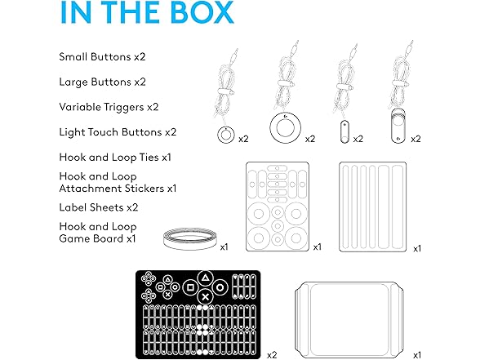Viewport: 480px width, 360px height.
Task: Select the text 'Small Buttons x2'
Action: (102, 57)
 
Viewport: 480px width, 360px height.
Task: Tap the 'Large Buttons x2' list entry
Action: (103, 82)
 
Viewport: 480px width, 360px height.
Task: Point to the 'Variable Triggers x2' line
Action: (109, 107)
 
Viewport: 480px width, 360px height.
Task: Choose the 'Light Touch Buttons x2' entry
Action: (118, 132)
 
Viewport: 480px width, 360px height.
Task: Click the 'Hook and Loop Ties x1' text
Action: (115, 158)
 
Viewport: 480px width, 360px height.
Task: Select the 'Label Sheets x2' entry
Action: (99, 207)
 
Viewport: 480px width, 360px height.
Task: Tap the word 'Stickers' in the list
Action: (142, 189)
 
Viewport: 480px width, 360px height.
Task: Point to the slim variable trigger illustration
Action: (344, 132)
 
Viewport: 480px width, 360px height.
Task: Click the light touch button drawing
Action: (398, 126)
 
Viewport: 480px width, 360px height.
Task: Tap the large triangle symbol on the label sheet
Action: (206, 278)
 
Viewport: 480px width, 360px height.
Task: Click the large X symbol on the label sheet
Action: (206, 296)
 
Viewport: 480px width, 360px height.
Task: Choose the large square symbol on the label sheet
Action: (190, 287)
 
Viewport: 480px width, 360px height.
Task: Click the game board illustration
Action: (349, 320)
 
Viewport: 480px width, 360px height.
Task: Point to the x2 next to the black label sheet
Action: (272, 355)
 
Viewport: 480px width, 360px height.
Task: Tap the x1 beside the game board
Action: (417, 355)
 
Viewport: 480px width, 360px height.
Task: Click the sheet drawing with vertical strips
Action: (373, 207)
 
